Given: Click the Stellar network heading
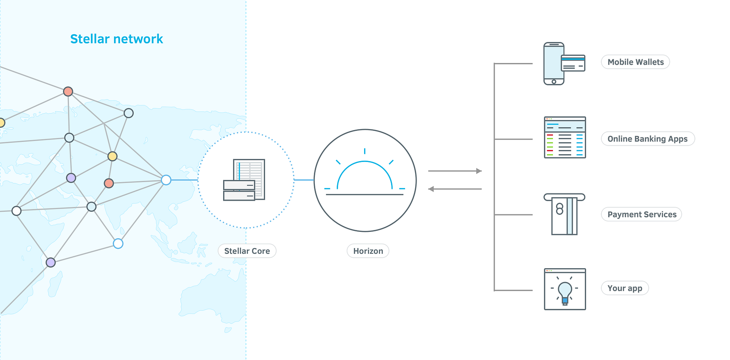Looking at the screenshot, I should coord(116,39).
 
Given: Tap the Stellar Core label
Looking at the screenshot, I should coord(247,251).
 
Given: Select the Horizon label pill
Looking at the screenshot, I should coord(368,251).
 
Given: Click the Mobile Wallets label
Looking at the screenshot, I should coord(635,62).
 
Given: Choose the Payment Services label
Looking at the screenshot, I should coord(641,214).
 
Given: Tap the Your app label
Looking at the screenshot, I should coord(625,288).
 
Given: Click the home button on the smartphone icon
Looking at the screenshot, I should coord(554,82).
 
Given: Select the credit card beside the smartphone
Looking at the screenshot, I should coord(573,63).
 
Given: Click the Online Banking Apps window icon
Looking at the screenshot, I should coord(565,137).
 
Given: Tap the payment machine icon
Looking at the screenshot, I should coord(564,214).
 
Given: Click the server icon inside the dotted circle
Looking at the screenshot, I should coord(245,180).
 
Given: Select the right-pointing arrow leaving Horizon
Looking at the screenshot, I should coord(455,171).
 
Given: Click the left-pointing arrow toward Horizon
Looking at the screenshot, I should coord(455,189).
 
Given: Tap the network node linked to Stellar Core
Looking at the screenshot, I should coord(166,180).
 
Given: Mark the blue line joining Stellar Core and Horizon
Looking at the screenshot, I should coord(304,180).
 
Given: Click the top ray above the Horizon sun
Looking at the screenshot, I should coord(365,151).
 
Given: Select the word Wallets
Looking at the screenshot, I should coord(650,62).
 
